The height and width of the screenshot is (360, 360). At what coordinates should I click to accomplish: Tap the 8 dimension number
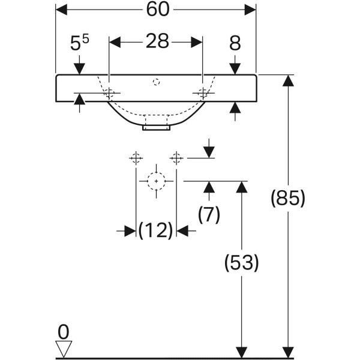tap(235, 43)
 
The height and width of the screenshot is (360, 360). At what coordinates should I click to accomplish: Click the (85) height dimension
tap(288, 198)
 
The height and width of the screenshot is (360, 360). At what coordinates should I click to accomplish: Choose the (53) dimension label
tap(241, 262)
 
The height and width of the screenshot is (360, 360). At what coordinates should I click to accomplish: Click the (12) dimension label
tap(155, 230)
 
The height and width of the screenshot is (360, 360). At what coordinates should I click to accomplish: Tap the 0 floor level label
tap(63, 331)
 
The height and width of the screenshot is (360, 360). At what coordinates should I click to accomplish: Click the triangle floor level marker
tap(63, 347)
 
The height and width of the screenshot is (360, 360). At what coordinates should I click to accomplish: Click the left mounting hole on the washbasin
tap(109, 93)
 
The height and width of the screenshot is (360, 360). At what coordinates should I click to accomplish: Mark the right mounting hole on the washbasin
tap(203, 92)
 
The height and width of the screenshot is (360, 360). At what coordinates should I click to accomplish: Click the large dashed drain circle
tap(156, 180)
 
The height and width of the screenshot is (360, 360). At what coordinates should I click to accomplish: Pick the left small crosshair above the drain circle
tap(136, 158)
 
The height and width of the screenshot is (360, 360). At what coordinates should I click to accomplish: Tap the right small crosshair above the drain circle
tap(176, 158)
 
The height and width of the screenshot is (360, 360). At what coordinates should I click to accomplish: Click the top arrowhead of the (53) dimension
tap(241, 187)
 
